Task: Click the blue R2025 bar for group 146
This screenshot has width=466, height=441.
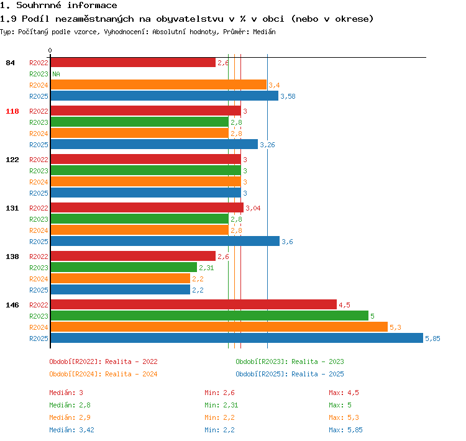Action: (237, 338)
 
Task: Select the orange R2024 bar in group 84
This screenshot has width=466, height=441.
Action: (158, 84)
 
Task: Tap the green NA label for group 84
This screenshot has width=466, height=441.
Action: (56, 74)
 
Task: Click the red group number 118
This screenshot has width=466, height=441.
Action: (12, 111)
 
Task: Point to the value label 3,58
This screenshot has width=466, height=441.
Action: (288, 96)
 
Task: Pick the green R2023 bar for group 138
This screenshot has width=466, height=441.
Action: (124, 267)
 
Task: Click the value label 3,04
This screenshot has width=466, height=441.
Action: (253, 208)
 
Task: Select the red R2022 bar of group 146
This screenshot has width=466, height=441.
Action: (194, 304)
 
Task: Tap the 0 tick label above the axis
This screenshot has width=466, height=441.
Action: (50, 50)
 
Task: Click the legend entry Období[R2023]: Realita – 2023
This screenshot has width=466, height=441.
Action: (290, 361)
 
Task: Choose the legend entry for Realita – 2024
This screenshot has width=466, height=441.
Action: (103, 374)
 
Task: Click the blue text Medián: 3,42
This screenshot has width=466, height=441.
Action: (71, 430)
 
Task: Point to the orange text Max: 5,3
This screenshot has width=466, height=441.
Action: (344, 417)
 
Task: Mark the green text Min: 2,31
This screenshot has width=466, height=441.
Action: (221, 405)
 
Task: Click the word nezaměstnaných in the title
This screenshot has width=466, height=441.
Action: (94, 19)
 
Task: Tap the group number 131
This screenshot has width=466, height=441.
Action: (12, 208)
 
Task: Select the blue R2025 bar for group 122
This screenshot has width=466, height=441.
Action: (146, 193)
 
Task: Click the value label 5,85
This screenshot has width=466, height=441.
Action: (432, 339)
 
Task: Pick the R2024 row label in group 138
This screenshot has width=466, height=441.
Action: (39, 279)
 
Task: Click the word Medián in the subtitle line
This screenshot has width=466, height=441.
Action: (264, 32)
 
